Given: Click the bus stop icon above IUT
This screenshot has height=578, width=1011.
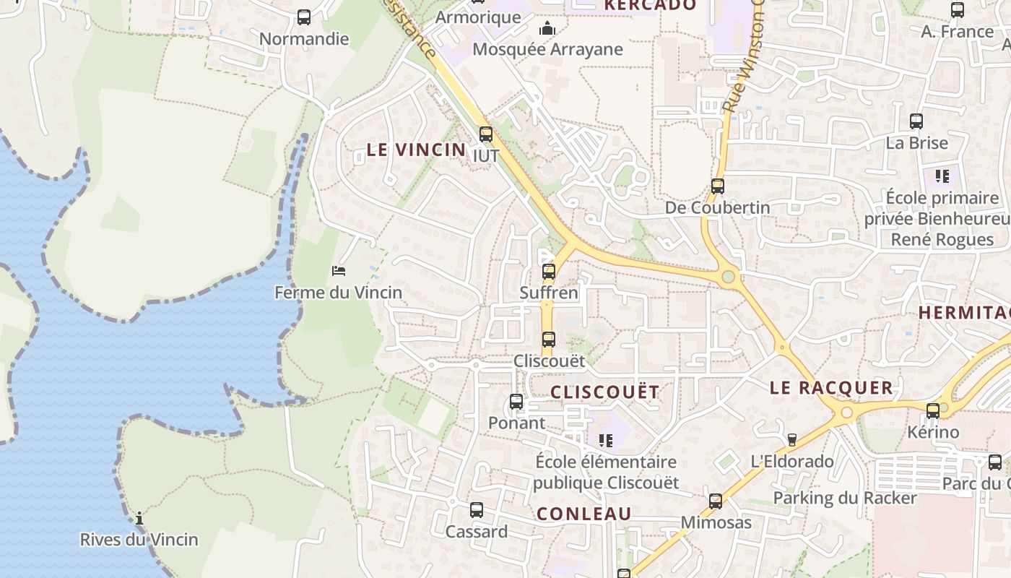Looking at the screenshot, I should [486, 134].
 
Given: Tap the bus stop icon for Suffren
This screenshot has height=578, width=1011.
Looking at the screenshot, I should [549, 272].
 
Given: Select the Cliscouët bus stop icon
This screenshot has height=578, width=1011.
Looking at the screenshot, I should [549, 339].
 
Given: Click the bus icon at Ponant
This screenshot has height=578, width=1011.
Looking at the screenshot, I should [516, 402].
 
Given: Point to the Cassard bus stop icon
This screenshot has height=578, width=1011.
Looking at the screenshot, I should [477, 510].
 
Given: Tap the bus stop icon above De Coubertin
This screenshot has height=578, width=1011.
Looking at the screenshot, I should [717, 186].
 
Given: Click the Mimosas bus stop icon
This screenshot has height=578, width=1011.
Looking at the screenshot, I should [716, 501].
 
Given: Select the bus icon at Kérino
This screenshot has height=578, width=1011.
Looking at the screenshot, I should [933, 410].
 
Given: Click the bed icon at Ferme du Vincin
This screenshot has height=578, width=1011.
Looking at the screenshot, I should [339, 271].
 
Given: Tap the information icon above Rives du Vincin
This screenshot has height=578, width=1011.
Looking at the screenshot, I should [139, 518].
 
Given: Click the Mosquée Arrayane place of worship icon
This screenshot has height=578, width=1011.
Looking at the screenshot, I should [547, 29].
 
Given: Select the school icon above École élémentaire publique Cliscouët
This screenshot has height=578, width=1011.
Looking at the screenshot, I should [606, 440].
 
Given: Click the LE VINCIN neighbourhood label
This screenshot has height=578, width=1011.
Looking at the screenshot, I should [416, 150].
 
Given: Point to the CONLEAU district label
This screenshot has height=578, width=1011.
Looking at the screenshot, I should [584, 514].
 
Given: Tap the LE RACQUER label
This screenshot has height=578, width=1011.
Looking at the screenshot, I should [831, 388].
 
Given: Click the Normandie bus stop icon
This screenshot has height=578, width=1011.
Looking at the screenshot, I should [304, 17].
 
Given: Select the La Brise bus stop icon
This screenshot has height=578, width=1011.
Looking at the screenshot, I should [916, 121].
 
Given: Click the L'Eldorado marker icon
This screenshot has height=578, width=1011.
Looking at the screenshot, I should [791, 439].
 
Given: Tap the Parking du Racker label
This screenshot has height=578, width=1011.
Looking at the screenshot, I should [845, 498].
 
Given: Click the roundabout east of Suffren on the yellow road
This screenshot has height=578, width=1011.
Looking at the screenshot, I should [728, 276].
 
